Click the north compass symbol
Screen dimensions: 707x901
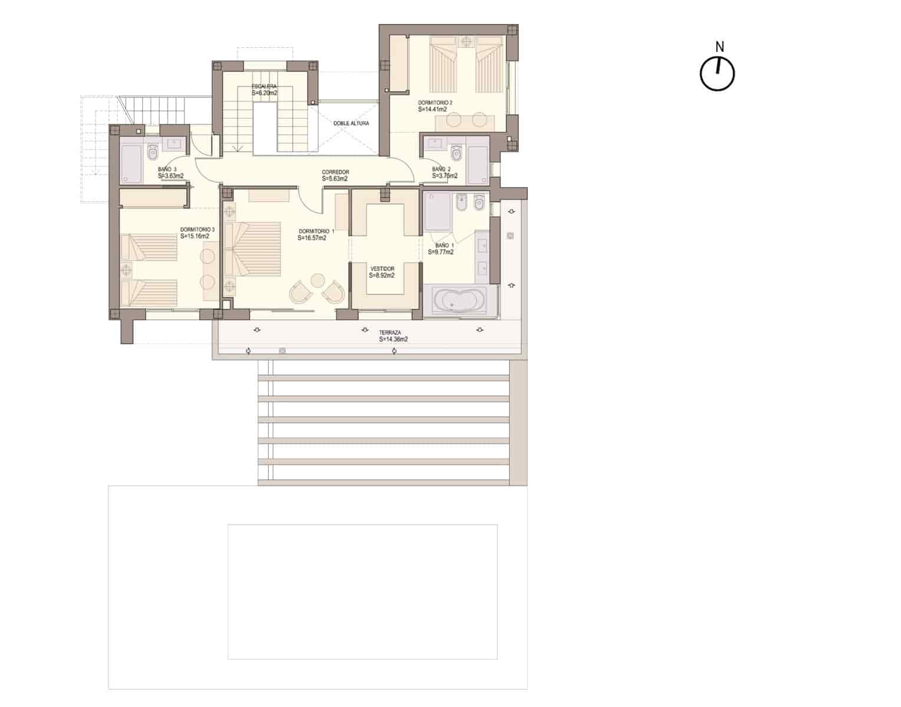point(717,74)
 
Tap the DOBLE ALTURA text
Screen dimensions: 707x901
point(351,124)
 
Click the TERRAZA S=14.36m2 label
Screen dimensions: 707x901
point(394,336)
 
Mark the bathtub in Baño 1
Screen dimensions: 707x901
point(460,300)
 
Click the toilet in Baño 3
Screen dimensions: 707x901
point(153,153)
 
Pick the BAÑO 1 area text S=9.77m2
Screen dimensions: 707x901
point(441,252)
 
